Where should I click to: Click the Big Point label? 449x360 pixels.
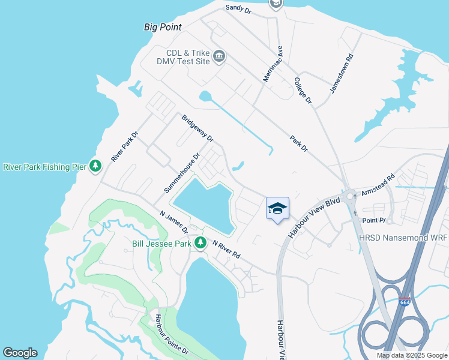pyautogui.click(x=163, y=27)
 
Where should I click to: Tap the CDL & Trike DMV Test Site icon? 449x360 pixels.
pyautogui.click(x=218, y=56)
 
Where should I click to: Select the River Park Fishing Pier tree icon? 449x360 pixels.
pyautogui.click(x=95, y=166)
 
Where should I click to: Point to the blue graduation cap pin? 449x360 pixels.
pyautogui.click(x=277, y=209)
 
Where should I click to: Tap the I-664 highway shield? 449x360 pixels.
pyautogui.click(x=405, y=302)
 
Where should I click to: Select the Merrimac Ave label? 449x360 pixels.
pyautogui.click(x=272, y=64)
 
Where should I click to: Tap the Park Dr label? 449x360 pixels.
pyautogui.click(x=298, y=143)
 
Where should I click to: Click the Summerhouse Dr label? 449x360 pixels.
pyautogui.click(x=181, y=173)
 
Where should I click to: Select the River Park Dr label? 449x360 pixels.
pyautogui.click(x=125, y=146)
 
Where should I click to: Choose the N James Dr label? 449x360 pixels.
pyautogui.click(x=174, y=221)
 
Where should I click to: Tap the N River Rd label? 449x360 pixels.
pyautogui.click(x=227, y=249)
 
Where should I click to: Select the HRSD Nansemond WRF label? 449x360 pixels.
pyautogui.click(x=403, y=238)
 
